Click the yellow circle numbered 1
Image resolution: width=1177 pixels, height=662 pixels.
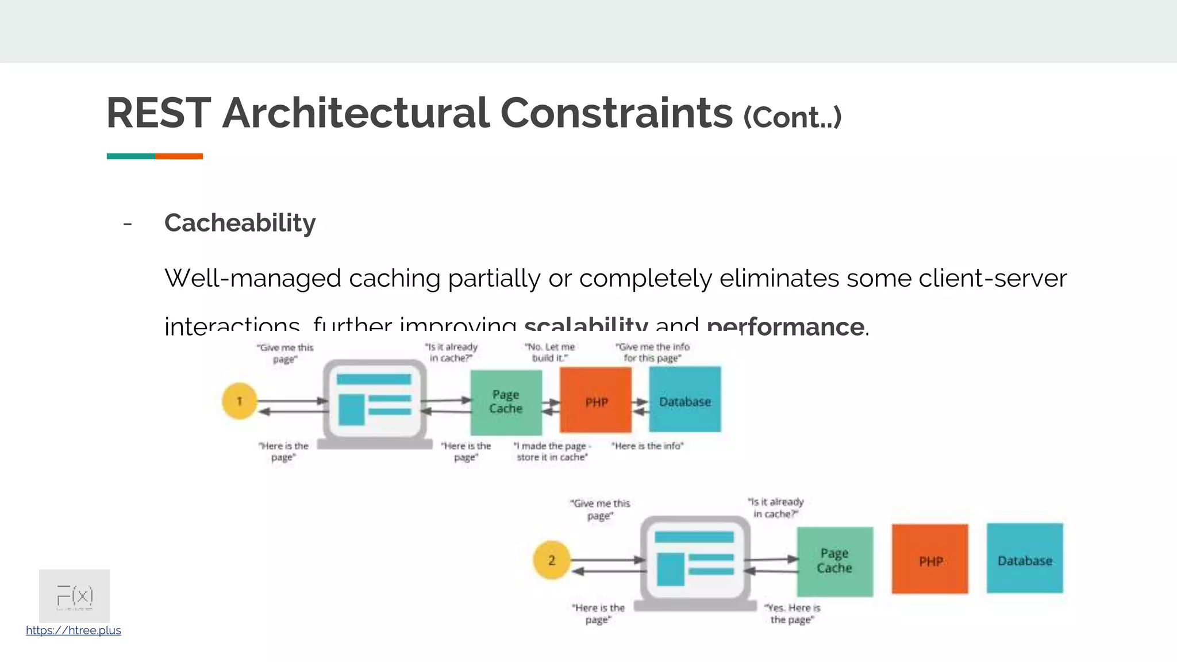click(239, 401)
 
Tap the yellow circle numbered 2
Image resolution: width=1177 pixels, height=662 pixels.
click(551, 560)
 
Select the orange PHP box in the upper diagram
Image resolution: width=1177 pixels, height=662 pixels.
click(595, 401)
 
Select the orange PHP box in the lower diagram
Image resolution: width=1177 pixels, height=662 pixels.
click(930, 559)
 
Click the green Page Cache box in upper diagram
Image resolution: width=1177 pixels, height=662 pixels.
click(506, 402)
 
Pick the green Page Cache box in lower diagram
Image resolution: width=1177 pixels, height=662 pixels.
click(834, 561)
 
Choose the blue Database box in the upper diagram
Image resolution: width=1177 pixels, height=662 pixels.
click(684, 400)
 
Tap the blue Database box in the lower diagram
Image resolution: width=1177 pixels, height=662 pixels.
click(1025, 559)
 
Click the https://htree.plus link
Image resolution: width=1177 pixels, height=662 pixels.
click(74, 630)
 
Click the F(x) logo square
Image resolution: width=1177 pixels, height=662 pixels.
click(75, 595)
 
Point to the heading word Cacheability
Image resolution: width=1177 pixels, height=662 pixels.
click(240, 223)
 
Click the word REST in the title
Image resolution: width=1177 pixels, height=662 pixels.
click(159, 113)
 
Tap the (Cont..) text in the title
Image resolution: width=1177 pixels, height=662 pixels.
click(792, 117)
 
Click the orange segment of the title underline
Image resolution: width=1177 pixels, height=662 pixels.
click(179, 156)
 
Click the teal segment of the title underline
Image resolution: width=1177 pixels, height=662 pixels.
click(130, 156)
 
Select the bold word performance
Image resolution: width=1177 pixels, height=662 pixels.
click(785, 326)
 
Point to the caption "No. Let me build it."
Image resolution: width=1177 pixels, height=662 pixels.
click(549, 352)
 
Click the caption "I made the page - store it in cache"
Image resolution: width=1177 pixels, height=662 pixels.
click(552, 452)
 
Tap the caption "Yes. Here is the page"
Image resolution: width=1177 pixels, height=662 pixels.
click(792, 614)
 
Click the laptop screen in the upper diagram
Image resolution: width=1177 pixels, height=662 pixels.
click(375, 399)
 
